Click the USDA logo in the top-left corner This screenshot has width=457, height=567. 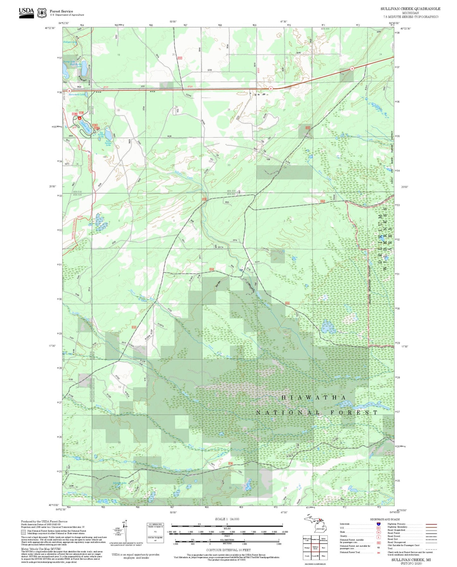click(x=26, y=12)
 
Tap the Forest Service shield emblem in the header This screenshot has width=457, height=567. click(x=42, y=13)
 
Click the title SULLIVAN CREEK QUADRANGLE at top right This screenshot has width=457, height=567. click(x=410, y=9)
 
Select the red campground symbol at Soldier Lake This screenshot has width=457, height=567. click(x=80, y=117)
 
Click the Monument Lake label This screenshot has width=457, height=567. click(x=77, y=94)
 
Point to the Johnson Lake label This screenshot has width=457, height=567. click(x=120, y=483)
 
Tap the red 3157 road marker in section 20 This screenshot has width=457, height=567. click(x=180, y=58)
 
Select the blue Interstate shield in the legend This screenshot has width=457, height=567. click(x=378, y=524)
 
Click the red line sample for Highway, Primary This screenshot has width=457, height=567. click(x=431, y=524)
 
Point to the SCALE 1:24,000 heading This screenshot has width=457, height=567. click(x=227, y=519)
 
